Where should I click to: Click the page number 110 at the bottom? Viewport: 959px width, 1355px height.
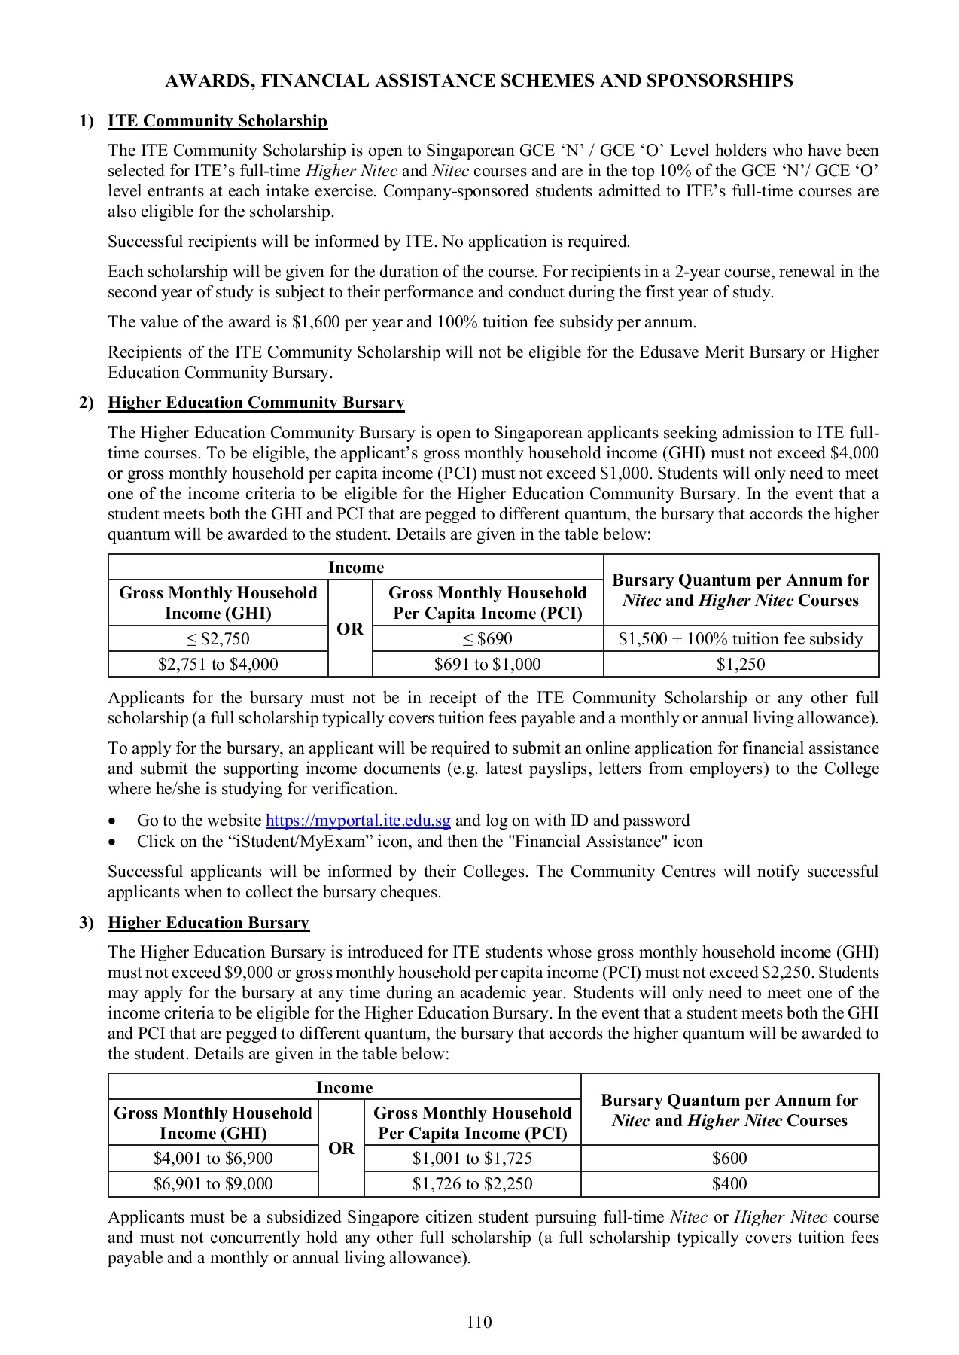[x=479, y=1322]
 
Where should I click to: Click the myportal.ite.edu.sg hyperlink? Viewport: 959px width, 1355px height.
[x=358, y=821]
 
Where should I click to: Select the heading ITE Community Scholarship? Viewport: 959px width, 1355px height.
[x=218, y=121]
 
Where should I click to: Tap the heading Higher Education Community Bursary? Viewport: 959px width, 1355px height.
[x=256, y=403]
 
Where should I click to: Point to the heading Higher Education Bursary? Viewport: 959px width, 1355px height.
[x=209, y=923]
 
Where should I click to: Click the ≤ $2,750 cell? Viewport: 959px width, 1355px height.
[x=218, y=639]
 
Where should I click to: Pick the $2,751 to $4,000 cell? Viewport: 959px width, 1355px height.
[x=218, y=665]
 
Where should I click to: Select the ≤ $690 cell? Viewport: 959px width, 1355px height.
[x=487, y=639]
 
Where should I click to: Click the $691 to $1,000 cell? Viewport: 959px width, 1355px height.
[x=487, y=665]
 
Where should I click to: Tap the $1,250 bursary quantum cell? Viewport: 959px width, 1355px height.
[x=741, y=665]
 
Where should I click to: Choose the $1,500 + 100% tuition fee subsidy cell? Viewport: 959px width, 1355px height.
[x=741, y=639]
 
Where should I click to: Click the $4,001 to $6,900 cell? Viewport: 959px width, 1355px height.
[x=213, y=1159]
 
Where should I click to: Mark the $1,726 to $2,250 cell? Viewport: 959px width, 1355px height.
[x=472, y=1184]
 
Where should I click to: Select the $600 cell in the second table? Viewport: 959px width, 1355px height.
[x=729, y=1159]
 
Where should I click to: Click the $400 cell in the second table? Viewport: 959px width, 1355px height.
[x=729, y=1184]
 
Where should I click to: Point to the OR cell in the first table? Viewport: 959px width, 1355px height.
[x=350, y=629]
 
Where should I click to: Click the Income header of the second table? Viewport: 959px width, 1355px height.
[x=344, y=1088]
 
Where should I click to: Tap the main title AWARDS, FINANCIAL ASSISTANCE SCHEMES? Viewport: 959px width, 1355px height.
[x=479, y=81]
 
